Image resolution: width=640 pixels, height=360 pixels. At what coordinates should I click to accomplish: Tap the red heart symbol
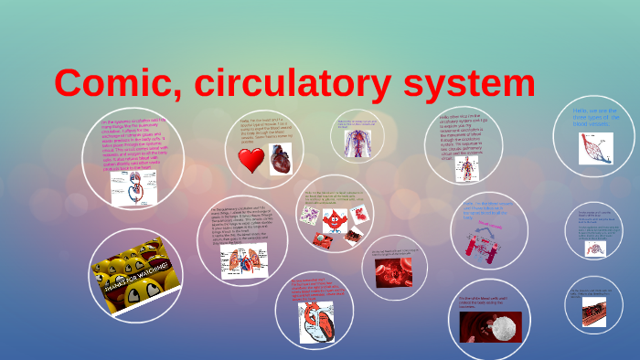coord(251,161)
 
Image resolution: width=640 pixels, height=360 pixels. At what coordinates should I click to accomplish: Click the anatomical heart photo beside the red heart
coord(279,158)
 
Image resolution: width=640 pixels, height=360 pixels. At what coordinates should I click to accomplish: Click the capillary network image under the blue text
coord(595,148)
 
